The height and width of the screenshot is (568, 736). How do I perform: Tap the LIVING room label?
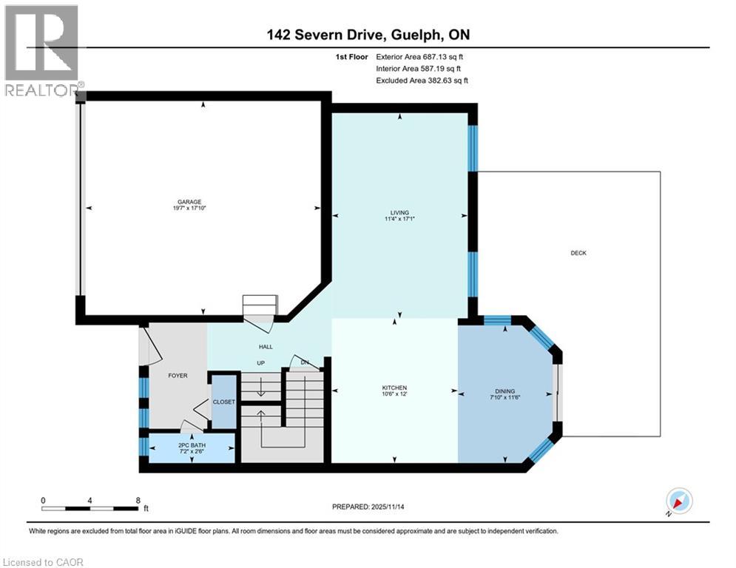tap(399, 212)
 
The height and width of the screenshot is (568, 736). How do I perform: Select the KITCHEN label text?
tap(394, 388)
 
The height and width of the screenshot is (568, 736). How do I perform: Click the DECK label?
tap(578, 253)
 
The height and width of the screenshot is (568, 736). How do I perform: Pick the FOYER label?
tap(178, 375)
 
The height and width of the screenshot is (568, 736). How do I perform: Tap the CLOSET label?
tap(223, 402)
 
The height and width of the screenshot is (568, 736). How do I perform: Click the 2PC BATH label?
tap(192, 444)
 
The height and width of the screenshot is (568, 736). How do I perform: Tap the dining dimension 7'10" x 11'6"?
tap(505, 399)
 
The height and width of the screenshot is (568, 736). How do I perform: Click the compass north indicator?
tap(678, 501)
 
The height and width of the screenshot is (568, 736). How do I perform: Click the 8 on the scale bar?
tap(138, 499)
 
